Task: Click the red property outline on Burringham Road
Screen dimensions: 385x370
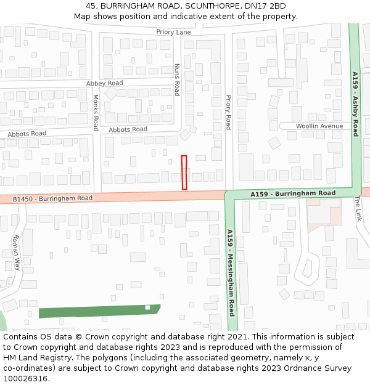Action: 184,172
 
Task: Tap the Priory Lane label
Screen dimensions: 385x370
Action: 173,32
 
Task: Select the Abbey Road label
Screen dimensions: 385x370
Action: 104,83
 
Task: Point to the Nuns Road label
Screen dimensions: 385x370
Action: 176,79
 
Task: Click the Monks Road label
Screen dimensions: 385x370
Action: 96,112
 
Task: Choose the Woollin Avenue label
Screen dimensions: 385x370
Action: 319,126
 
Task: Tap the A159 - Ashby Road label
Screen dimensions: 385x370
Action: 355,103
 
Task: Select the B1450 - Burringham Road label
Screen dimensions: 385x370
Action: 52,199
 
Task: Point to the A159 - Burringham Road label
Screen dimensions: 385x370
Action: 293,193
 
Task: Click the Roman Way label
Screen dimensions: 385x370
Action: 17,253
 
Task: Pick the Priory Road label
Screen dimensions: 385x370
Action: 228,112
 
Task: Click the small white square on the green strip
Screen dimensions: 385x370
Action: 147,307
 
